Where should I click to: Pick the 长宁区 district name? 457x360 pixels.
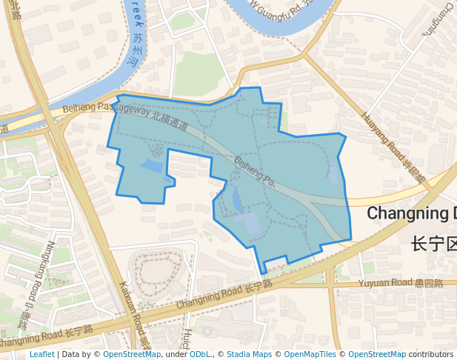pyautogui.click(x=433, y=244)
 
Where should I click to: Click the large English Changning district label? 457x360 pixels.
pyautogui.click(x=412, y=213)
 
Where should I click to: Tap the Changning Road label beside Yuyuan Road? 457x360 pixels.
pyautogui.click(x=224, y=295)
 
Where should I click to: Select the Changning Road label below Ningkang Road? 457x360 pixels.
pyautogui.click(x=46, y=336)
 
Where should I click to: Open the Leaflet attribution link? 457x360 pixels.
pyautogui.click(x=42, y=355)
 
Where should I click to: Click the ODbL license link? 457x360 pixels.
pyautogui.click(x=200, y=355)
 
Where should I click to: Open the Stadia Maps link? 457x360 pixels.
pyautogui.click(x=249, y=355)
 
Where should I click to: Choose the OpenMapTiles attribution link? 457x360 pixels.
pyautogui.click(x=310, y=355)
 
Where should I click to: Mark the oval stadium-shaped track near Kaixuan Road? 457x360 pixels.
pyautogui.click(x=155, y=273)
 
